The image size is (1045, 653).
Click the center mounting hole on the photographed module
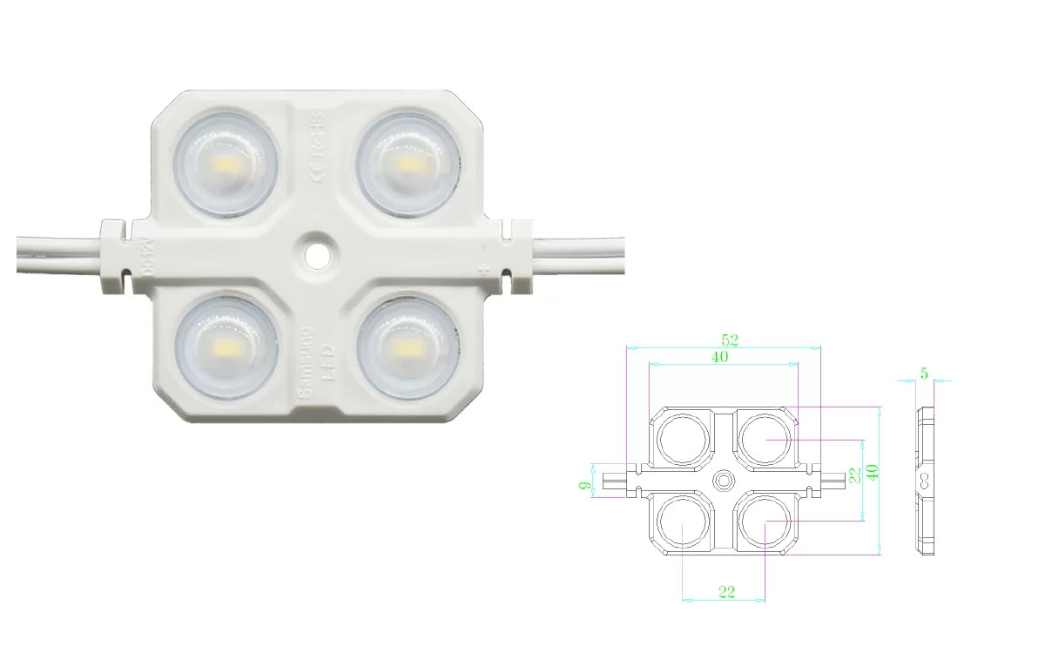tap(316, 252)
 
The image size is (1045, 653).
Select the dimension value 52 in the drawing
tap(724, 340)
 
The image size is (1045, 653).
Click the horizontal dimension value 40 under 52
tap(720, 356)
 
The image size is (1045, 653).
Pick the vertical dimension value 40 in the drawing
tap(872, 470)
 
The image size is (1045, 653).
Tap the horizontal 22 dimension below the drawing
tap(727, 592)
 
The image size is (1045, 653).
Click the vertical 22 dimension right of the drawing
tap(855, 475)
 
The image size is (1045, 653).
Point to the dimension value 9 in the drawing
tap(585, 480)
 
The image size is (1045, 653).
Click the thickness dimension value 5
tap(924, 374)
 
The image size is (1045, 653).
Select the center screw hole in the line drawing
tap(724, 480)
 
